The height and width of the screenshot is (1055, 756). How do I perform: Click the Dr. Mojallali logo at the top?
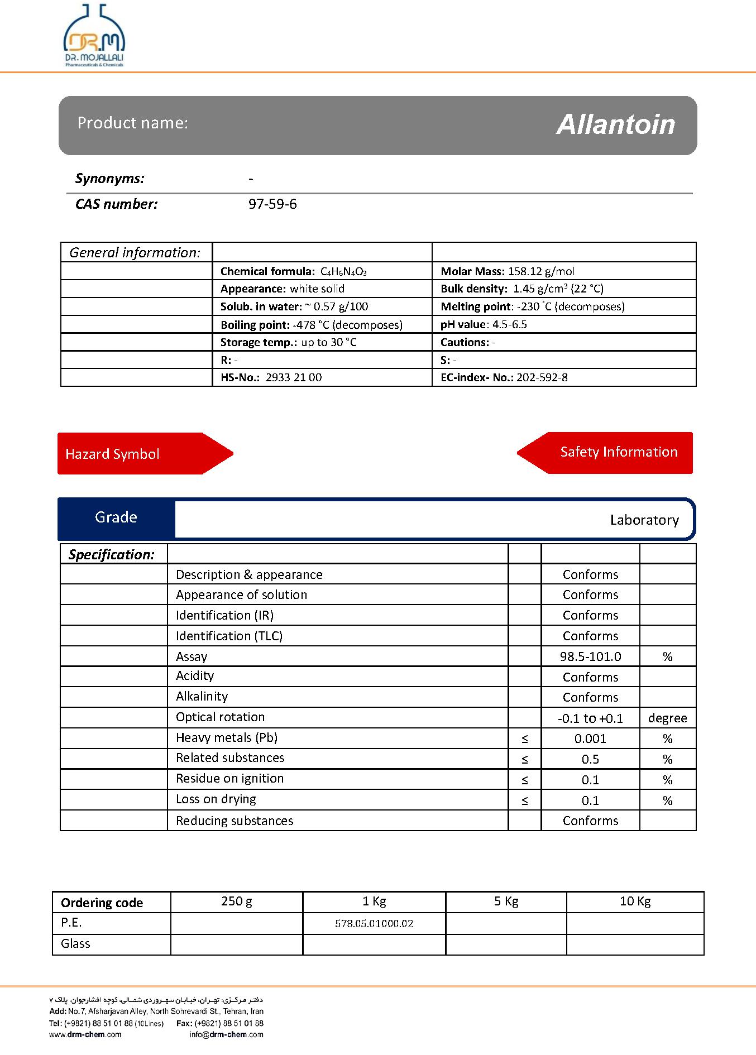point(94,36)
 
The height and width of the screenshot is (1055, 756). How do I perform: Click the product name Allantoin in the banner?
point(615,124)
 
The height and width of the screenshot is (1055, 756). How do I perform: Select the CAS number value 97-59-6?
point(272,204)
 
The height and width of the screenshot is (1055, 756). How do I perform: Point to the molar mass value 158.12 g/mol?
point(541,271)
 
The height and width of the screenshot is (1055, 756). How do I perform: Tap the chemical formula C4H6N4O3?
point(343,272)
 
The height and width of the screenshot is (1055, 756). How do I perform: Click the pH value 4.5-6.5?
point(509,324)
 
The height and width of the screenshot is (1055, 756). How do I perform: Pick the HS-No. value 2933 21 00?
point(294,377)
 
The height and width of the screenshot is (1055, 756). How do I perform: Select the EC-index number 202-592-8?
point(542,377)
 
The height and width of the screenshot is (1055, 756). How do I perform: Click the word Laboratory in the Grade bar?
point(644,520)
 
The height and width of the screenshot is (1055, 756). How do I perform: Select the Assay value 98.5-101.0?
point(590,656)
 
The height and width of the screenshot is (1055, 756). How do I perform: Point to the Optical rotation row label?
point(220,717)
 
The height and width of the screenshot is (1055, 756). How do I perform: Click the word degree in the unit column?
point(667,718)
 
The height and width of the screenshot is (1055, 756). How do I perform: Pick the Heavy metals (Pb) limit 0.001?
point(590,739)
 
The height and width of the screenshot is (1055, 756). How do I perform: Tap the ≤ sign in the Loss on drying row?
point(525,801)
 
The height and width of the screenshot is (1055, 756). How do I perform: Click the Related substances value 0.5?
point(590,760)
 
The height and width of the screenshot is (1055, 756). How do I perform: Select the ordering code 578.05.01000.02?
point(374,924)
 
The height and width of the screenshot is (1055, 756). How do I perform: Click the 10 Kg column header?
point(635,901)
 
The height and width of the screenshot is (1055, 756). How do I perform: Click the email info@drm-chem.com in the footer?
point(226,1034)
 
